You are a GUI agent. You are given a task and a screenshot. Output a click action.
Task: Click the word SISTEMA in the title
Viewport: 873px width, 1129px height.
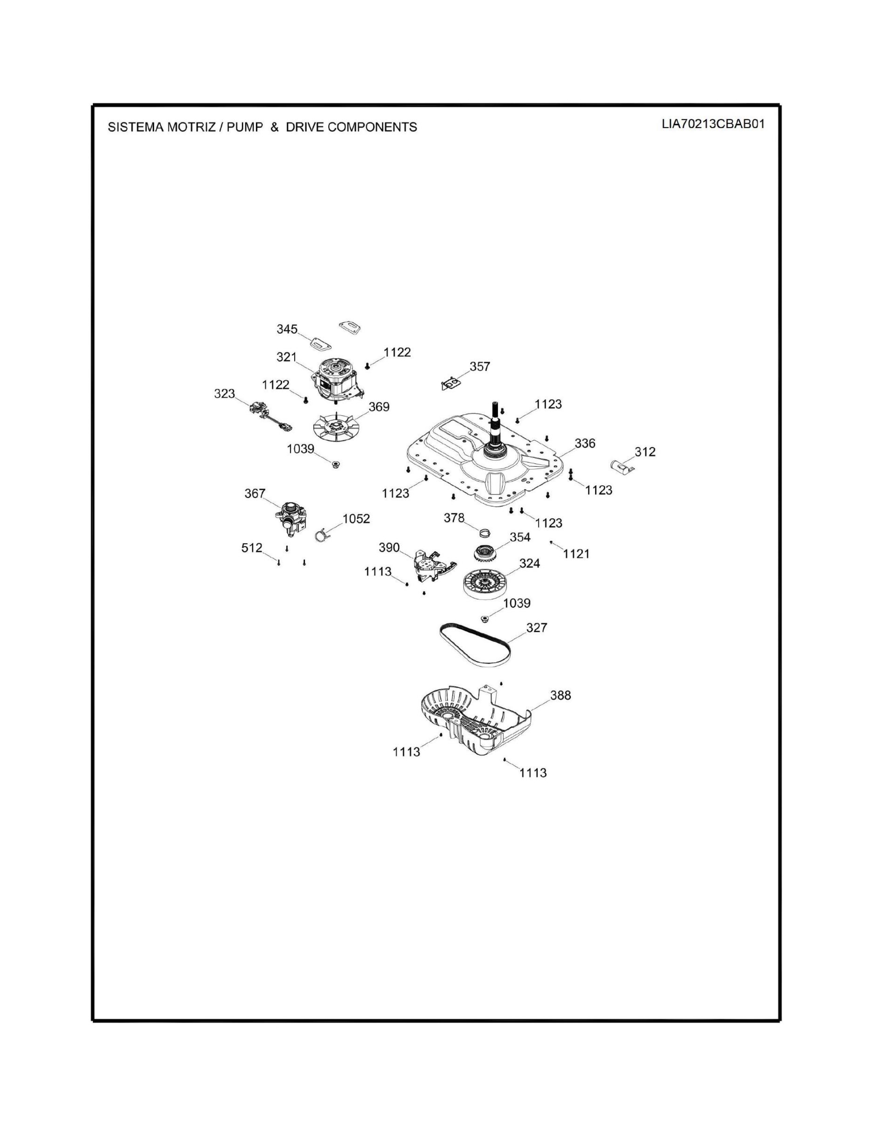coord(135,127)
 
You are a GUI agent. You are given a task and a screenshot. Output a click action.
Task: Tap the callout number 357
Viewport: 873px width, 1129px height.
coord(479,366)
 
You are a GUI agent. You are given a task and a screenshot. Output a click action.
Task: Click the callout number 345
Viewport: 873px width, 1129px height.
coord(287,329)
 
